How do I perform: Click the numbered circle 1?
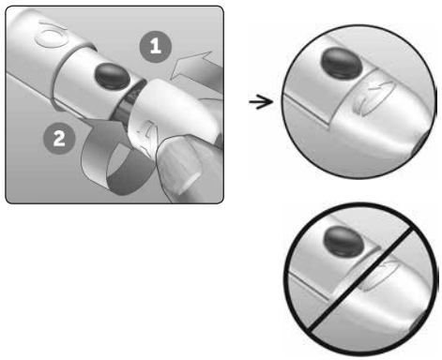click(x=156, y=47)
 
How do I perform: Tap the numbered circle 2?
click(x=59, y=138)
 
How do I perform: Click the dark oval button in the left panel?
click(x=113, y=76)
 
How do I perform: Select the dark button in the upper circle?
click(x=341, y=64)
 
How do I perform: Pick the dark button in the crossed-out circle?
click(x=344, y=242)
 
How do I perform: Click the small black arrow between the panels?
click(x=261, y=101)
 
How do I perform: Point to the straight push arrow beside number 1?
click(x=195, y=72)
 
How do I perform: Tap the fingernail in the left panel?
click(x=191, y=181)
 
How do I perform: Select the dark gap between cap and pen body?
click(x=130, y=99)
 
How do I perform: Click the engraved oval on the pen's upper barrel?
click(x=52, y=36)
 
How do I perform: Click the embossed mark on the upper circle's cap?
click(x=373, y=98)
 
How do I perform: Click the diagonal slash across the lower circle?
click(x=363, y=279)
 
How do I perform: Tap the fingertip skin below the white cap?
click(x=181, y=166)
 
